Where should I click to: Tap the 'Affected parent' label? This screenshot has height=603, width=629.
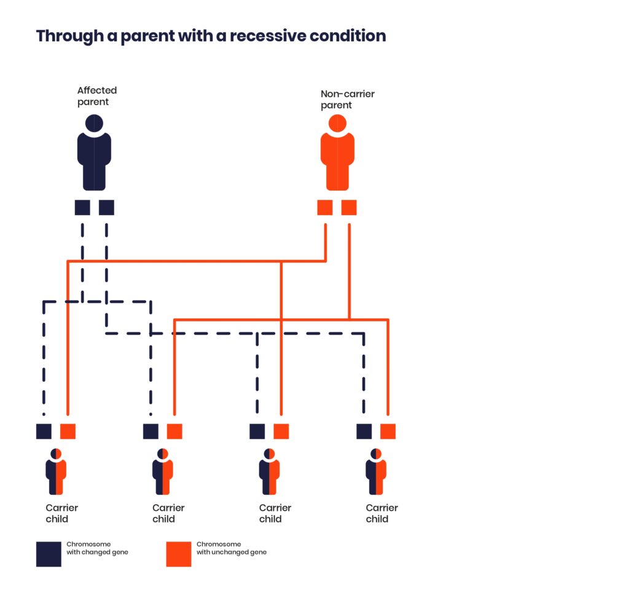tap(97, 96)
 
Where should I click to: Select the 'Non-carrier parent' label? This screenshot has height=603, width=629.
tap(348, 99)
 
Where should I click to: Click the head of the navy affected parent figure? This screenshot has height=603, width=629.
tap(94, 124)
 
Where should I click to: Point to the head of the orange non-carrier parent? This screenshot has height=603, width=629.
tap(337, 124)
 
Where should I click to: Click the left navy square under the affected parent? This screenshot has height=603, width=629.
tap(83, 208)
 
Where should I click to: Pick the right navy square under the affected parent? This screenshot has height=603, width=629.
tap(106, 208)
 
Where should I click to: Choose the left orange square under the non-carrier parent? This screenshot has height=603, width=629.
tap(325, 208)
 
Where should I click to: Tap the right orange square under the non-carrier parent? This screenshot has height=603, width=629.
tap(349, 208)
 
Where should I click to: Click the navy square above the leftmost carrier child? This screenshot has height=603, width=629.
tap(44, 432)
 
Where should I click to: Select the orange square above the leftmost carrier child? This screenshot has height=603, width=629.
tap(68, 432)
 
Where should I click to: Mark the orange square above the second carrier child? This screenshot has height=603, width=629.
tap(174, 432)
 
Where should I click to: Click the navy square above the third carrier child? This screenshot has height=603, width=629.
tap(257, 432)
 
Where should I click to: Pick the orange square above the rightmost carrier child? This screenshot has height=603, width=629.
tap(388, 432)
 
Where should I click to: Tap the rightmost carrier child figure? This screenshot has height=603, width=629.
tap(376, 471)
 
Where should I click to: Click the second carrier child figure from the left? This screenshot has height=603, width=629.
tap(162, 471)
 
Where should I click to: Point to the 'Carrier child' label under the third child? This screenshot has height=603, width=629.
tap(275, 513)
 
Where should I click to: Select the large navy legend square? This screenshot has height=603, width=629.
tap(49, 554)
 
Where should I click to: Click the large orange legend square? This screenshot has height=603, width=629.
tap(179, 554)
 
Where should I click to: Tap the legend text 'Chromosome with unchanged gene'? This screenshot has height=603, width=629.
tap(232, 548)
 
